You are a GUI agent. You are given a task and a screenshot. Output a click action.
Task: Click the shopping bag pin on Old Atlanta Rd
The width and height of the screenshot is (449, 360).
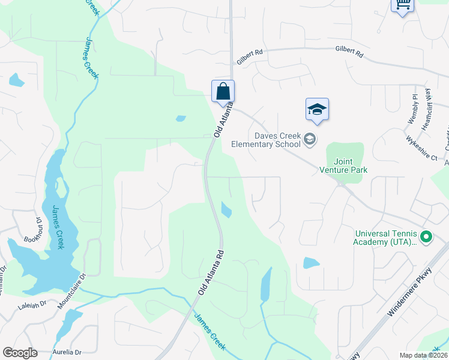coord(223,92)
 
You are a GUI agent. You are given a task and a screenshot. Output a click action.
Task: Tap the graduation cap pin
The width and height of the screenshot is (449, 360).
coord(317,110)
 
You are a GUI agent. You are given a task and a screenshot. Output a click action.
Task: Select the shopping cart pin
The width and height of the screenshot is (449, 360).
coord(402,5)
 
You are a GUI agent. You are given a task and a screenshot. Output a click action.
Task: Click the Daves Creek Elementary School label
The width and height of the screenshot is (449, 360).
coord(277,140)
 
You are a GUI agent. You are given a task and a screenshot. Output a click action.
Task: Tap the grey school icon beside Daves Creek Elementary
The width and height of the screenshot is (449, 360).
coord(310,140)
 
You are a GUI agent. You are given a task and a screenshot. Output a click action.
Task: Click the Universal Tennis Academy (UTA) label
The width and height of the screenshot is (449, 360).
coord(385,238)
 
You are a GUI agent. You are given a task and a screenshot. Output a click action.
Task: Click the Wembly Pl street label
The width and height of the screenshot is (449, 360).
coord(413,109)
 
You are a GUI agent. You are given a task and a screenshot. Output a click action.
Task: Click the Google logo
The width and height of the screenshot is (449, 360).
coord(20,352)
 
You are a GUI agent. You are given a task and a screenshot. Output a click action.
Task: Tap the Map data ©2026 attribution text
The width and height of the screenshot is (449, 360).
coord(423,355)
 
